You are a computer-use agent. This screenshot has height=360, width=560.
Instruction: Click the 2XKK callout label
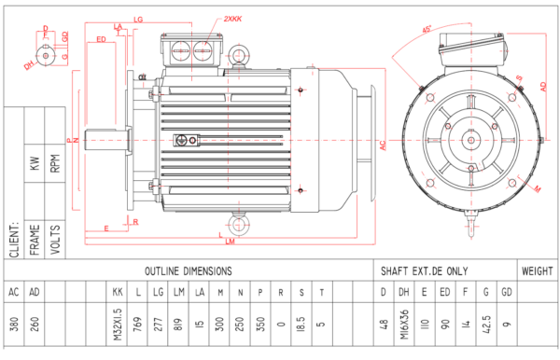tap(233, 19)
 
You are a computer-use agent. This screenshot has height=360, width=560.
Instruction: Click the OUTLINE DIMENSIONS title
tap(188, 270)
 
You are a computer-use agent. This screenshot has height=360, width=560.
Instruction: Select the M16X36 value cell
tap(404, 322)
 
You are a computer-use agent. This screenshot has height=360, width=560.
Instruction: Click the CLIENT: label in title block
tap(14, 241)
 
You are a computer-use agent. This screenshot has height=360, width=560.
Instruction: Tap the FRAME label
tap(35, 240)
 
